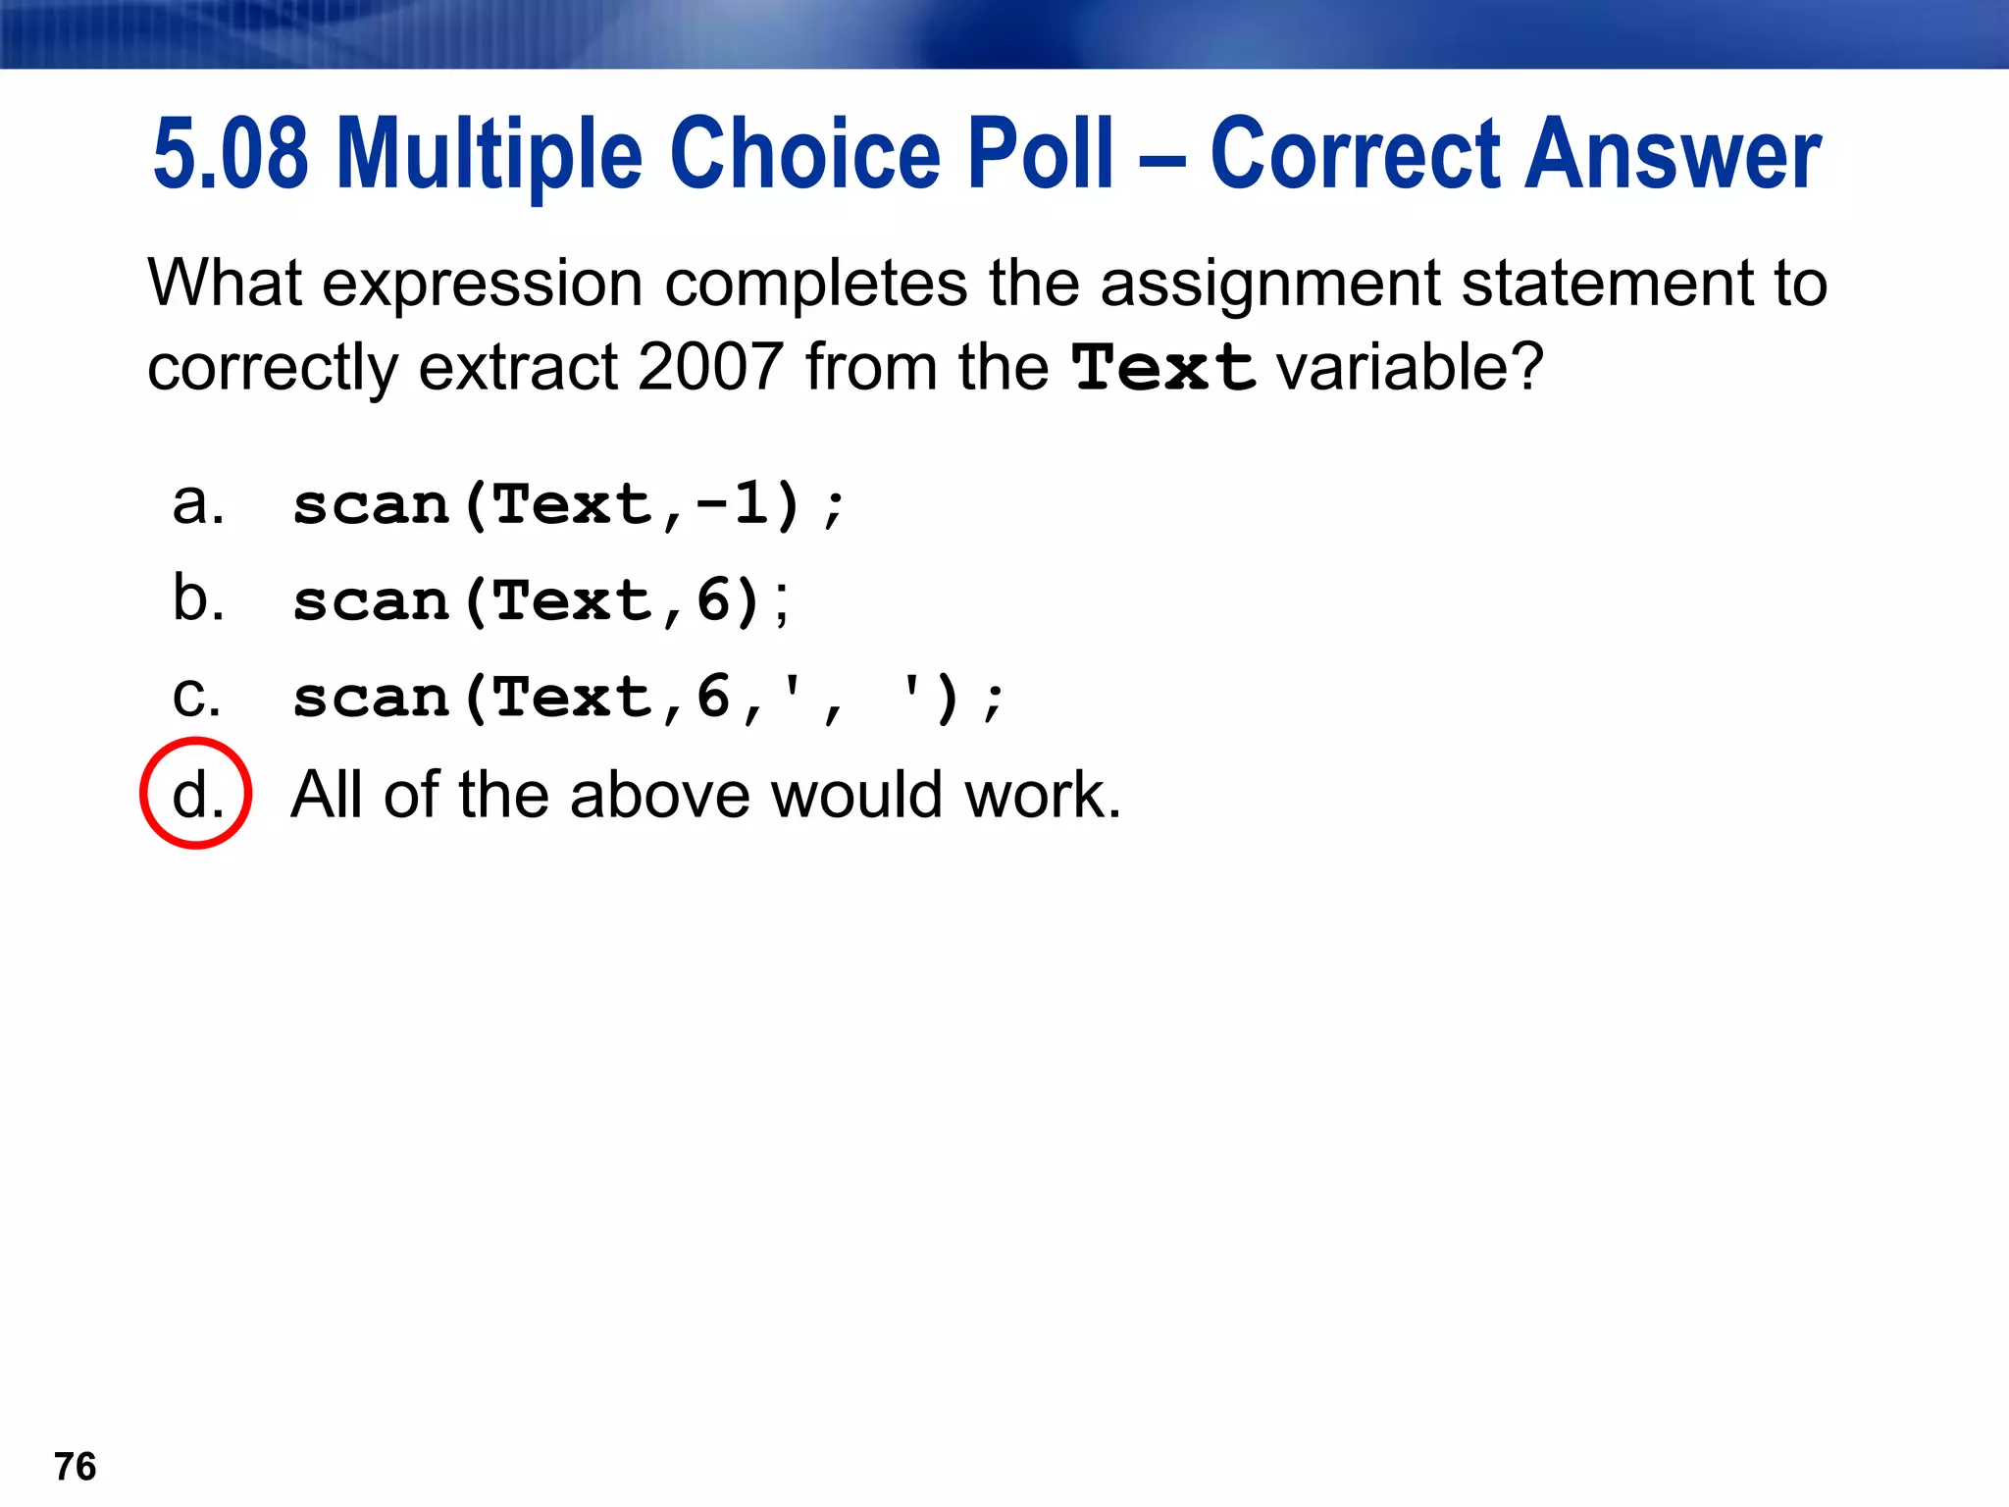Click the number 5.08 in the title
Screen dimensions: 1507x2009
click(231, 154)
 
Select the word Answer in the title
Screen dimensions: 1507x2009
click(1672, 154)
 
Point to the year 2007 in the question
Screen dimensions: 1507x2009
click(710, 368)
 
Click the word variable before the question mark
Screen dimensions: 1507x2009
click(1397, 368)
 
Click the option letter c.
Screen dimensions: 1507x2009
click(195, 697)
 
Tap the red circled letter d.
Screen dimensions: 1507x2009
click(196, 793)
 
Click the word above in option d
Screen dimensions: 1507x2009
click(660, 794)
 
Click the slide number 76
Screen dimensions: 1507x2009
click(76, 1467)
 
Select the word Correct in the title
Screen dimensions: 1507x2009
click(1356, 154)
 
